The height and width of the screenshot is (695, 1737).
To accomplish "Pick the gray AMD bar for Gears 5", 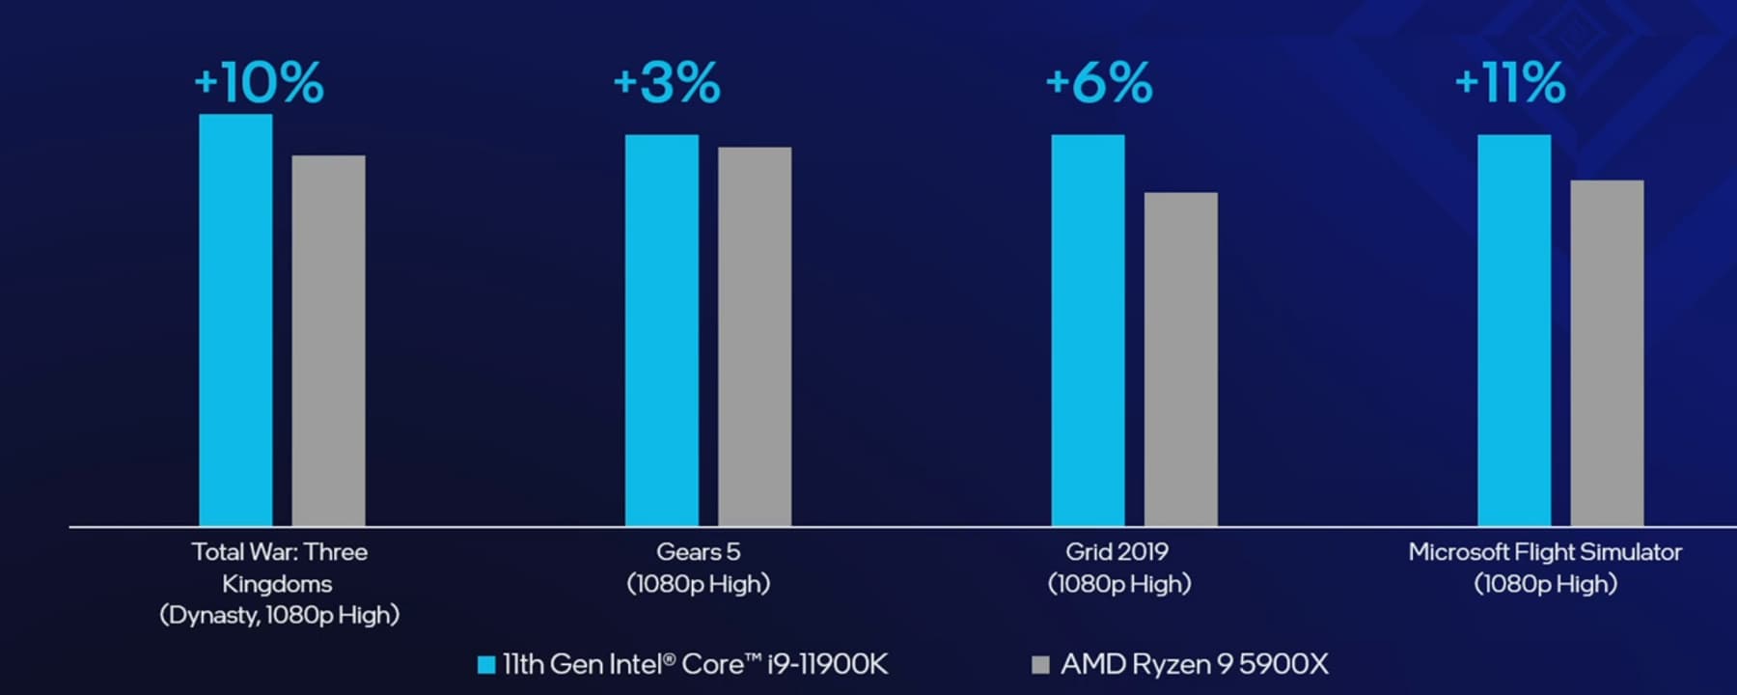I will pos(755,337).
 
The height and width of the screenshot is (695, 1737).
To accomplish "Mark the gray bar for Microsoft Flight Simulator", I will pos(1607,353).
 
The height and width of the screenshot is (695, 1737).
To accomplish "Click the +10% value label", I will pos(259,82).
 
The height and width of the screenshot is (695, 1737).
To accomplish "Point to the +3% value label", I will pos(667,82).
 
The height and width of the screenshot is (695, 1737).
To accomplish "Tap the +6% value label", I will pos(1099,82).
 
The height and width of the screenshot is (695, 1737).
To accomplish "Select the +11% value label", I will pos(1510,82).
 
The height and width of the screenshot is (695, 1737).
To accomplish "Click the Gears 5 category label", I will pos(698,552).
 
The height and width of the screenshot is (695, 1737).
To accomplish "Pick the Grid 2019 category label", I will pos(1117,552).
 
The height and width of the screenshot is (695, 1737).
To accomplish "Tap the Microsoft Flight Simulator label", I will pos(1545,552).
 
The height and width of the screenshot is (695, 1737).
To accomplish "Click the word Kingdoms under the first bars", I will pos(277,584).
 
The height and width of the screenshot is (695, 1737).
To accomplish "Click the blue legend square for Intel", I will pos(486,664).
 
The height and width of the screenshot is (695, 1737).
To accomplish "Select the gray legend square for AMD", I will pos(1040,664).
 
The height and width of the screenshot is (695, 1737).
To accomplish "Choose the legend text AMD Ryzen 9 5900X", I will pos(1195,664).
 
